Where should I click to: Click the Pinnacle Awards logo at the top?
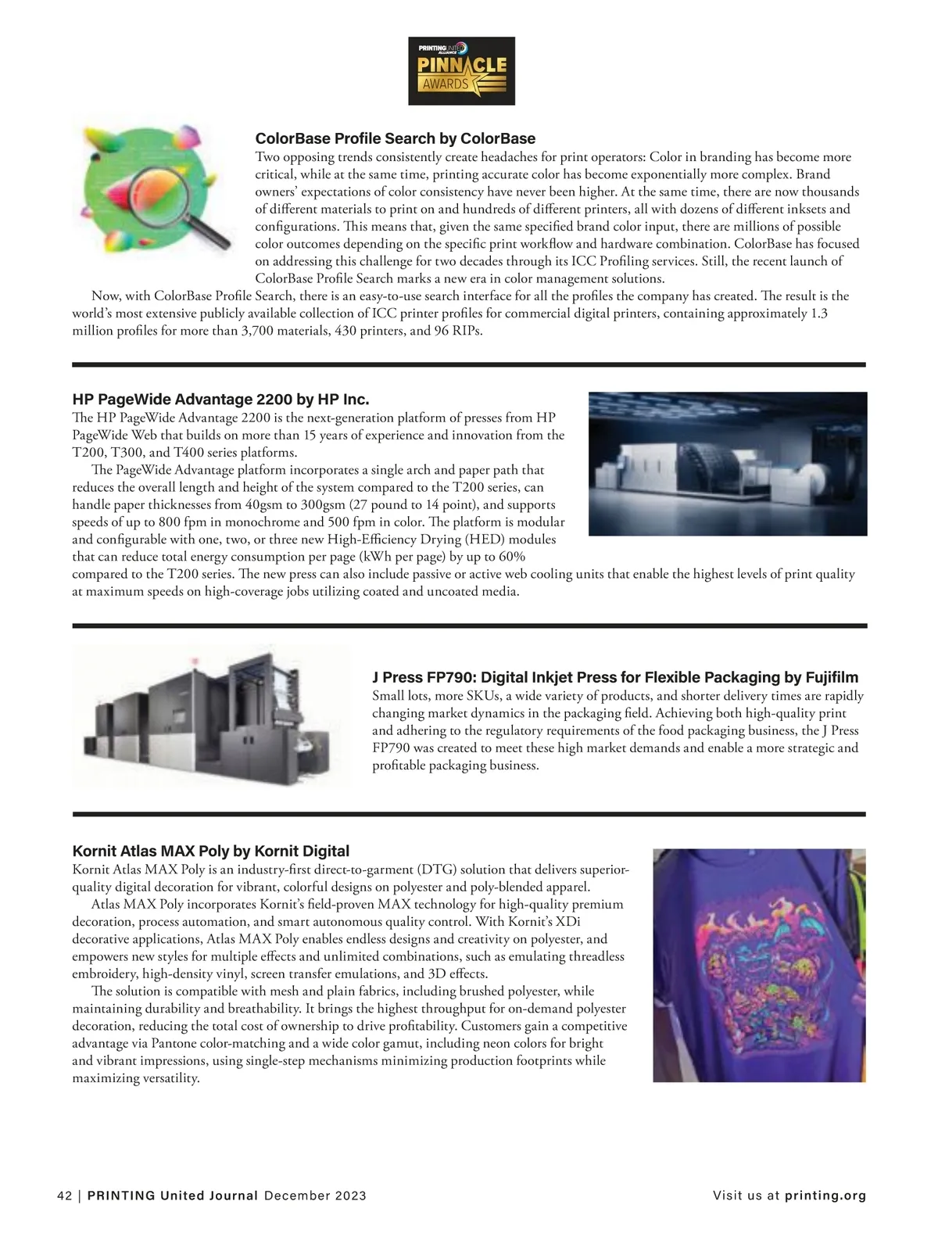(x=461, y=71)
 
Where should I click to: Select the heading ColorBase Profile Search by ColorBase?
(x=396, y=139)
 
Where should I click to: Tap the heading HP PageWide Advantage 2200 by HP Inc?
(x=220, y=400)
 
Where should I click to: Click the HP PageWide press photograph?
(x=727, y=463)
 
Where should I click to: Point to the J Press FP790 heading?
(x=615, y=677)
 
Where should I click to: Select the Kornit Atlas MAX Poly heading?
(x=210, y=851)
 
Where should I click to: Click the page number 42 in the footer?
(x=64, y=1196)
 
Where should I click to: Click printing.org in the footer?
(x=825, y=1196)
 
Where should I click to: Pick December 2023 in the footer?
(x=315, y=1196)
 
